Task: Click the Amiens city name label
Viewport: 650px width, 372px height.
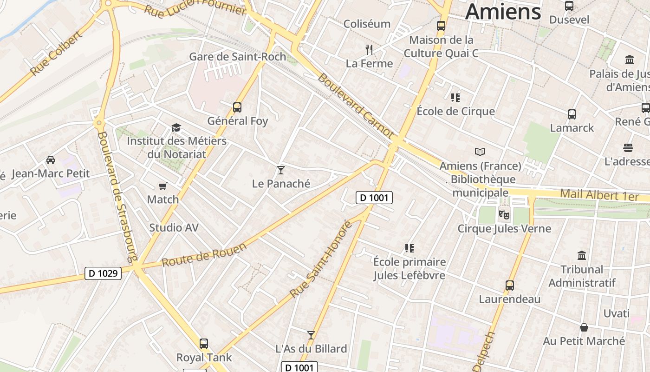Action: tap(503, 11)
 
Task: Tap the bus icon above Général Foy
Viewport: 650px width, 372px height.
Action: tap(237, 107)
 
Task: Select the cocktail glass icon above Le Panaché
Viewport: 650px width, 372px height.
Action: tap(280, 170)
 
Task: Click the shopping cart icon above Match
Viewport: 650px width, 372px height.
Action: tap(162, 186)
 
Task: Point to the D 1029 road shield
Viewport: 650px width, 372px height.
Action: tap(103, 273)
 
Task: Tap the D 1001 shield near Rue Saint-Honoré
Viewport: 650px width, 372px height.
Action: tap(374, 198)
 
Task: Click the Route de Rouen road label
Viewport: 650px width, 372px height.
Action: tap(204, 255)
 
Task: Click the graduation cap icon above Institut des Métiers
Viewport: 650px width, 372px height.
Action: tap(176, 127)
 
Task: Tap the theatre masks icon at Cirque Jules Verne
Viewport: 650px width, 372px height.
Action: tap(504, 215)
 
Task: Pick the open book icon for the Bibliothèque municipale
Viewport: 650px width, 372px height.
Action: tap(480, 152)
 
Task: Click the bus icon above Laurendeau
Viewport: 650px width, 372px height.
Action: tap(510, 285)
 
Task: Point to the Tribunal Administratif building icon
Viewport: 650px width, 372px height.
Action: tap(582, 255)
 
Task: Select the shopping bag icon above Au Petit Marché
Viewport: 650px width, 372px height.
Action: tap(584, 327)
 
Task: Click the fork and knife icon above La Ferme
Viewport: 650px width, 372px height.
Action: tap(369, 49)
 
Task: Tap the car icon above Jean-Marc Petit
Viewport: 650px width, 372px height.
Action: tap(51, 160)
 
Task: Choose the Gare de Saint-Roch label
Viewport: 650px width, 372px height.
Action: tap(237, 57)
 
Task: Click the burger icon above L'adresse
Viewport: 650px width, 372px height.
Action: tap(628, 148)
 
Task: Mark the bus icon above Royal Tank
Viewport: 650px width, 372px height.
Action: tap(204, 344)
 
